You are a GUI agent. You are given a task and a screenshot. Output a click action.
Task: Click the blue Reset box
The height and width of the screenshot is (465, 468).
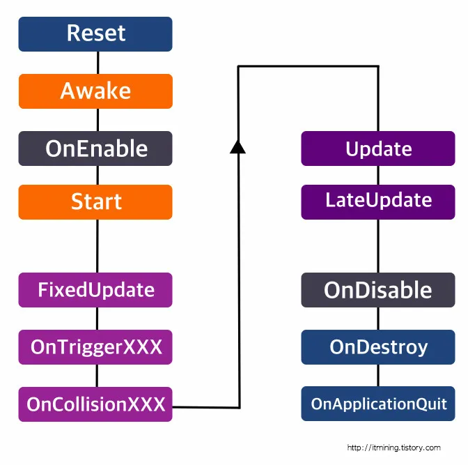[95, 33]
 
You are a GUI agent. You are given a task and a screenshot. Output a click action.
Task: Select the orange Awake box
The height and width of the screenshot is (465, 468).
[95, 91]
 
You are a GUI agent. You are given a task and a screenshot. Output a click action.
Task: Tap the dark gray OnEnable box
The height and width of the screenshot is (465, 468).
[95, 148]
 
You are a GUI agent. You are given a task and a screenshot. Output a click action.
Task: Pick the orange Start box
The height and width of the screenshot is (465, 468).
[95, 202]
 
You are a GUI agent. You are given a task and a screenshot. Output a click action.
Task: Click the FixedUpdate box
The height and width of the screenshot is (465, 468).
[95, 289]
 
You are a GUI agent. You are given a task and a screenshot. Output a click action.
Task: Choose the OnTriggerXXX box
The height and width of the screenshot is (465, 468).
[95, 346]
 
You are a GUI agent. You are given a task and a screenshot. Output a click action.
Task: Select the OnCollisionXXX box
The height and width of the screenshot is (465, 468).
[95, 404]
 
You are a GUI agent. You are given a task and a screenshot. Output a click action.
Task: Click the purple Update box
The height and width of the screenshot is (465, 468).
[378, 148]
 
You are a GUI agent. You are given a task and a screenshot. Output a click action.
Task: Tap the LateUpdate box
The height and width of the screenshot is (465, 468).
[378, 201]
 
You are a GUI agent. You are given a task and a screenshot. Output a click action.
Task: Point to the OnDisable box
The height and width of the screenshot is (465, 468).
[378, 290]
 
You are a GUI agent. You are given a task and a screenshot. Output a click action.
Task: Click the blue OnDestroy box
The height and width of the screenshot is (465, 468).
[378, 347]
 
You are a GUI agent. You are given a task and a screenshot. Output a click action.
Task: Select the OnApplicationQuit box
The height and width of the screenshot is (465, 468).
[378, 404]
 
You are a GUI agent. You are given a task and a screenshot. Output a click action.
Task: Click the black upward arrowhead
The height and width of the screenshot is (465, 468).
[238, 145]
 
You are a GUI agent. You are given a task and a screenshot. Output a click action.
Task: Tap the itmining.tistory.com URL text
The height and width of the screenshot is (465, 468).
[393, 448]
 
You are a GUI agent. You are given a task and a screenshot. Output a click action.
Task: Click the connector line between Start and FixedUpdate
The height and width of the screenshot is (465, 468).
[96, 245]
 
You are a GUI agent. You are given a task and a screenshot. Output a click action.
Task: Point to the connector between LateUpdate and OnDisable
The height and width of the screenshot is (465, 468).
[378, 246]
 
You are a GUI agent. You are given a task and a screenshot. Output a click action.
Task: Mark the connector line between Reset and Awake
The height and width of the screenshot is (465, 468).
[96, 63]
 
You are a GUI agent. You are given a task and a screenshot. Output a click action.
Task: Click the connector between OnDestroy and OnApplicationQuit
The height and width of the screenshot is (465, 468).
[378, 375]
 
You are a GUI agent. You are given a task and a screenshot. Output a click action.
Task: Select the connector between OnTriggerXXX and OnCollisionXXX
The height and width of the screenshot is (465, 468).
[96, 375]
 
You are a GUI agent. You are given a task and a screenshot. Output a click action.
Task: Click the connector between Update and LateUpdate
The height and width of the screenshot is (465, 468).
[378, 175]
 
